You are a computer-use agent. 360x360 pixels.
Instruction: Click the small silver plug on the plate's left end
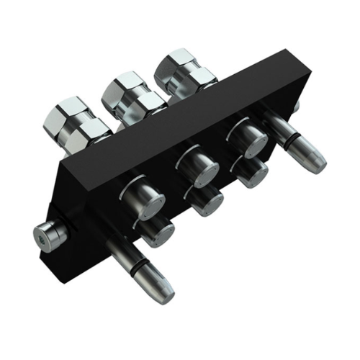coord(49,233)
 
